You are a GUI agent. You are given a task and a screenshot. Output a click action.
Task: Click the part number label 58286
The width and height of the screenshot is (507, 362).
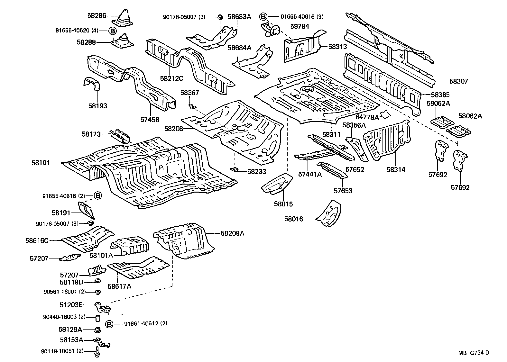pos(97,15)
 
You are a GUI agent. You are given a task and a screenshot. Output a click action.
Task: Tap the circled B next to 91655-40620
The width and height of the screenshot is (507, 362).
pos(112,31)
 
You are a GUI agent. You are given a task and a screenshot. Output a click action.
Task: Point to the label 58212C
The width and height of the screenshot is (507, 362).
pos(171,78)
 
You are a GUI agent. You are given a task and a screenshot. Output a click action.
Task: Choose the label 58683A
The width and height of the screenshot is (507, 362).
pos(239,16)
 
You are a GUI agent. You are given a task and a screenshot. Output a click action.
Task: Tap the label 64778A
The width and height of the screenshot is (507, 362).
pos(367,118)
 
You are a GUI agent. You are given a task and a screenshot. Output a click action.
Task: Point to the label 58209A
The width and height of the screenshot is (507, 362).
pos(232,233)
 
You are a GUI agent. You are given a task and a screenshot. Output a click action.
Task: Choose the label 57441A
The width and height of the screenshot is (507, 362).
pos(309,174)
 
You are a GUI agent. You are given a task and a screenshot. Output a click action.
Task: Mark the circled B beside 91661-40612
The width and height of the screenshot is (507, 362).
pos(109,324)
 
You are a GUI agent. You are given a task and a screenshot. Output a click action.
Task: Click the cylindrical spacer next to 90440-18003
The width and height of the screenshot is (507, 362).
pos(97,318)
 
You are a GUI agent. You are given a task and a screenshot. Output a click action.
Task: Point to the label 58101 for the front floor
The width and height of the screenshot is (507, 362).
pos(41,163)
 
